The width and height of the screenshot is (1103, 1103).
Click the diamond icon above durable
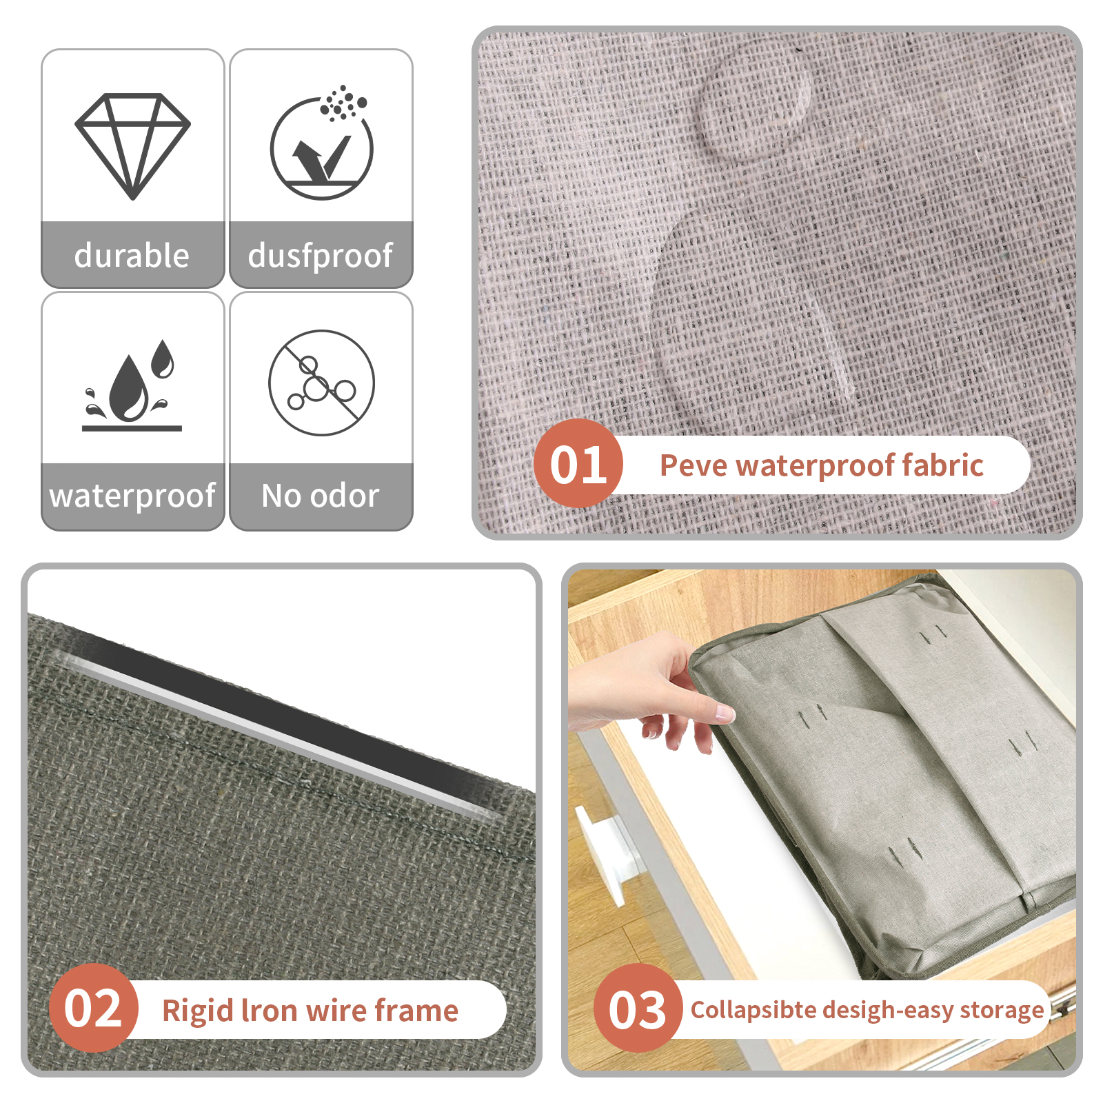[132, 146]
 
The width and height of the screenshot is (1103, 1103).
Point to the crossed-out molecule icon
[321, 383]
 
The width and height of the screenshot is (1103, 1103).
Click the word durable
[132, 255]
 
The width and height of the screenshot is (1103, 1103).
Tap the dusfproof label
[321, 256]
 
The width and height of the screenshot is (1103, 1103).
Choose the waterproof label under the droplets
[132, 496]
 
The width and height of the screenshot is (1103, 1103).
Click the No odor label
[321, 496]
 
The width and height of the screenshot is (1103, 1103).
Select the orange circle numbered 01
[578, 463]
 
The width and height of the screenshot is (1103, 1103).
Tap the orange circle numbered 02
[93, 1008]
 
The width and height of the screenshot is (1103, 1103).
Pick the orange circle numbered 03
[638, 1008]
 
